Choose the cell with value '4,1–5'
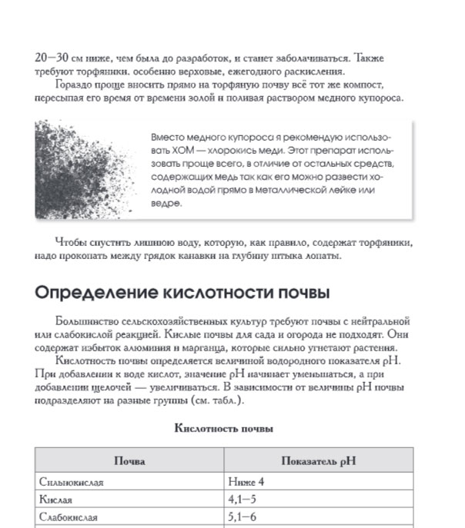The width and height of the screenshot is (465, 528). click(x=243, y=500)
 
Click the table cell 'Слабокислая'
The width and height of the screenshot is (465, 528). click(x=69, y=517)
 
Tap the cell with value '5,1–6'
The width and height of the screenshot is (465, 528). click(x=243, y=517)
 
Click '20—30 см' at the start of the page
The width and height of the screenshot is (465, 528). click(x=59, y=58)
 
